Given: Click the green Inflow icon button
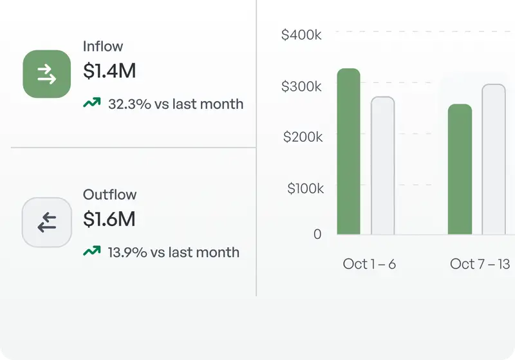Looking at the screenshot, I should pos(46,74).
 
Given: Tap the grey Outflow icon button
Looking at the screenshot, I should pos(46,222).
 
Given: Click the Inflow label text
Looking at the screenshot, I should pos(103,46).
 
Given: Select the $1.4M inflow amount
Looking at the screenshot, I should pos(109,71).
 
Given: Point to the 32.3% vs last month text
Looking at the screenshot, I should pos(176,104).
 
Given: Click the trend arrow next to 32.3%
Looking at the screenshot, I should pos(92,103).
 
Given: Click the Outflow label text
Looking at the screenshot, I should pos(110,194).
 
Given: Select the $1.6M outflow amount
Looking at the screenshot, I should pos(109,220).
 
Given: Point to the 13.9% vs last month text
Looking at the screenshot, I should pos(173,252).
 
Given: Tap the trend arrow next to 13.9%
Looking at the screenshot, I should pos(92,251).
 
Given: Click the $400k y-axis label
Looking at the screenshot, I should pos(301,35).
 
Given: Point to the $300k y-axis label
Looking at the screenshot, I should pos(301,86).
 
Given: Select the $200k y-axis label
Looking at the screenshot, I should pos(301,137).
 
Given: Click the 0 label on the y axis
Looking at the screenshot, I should pos(317,234).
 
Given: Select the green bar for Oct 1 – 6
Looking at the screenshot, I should pos(349,151).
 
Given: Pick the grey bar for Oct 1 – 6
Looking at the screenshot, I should pos(383,166).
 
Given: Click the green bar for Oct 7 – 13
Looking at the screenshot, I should pos(460,169).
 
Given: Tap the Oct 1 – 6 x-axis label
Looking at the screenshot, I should pos(369,264).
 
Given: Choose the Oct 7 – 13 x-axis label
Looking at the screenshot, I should pos(480,264).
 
